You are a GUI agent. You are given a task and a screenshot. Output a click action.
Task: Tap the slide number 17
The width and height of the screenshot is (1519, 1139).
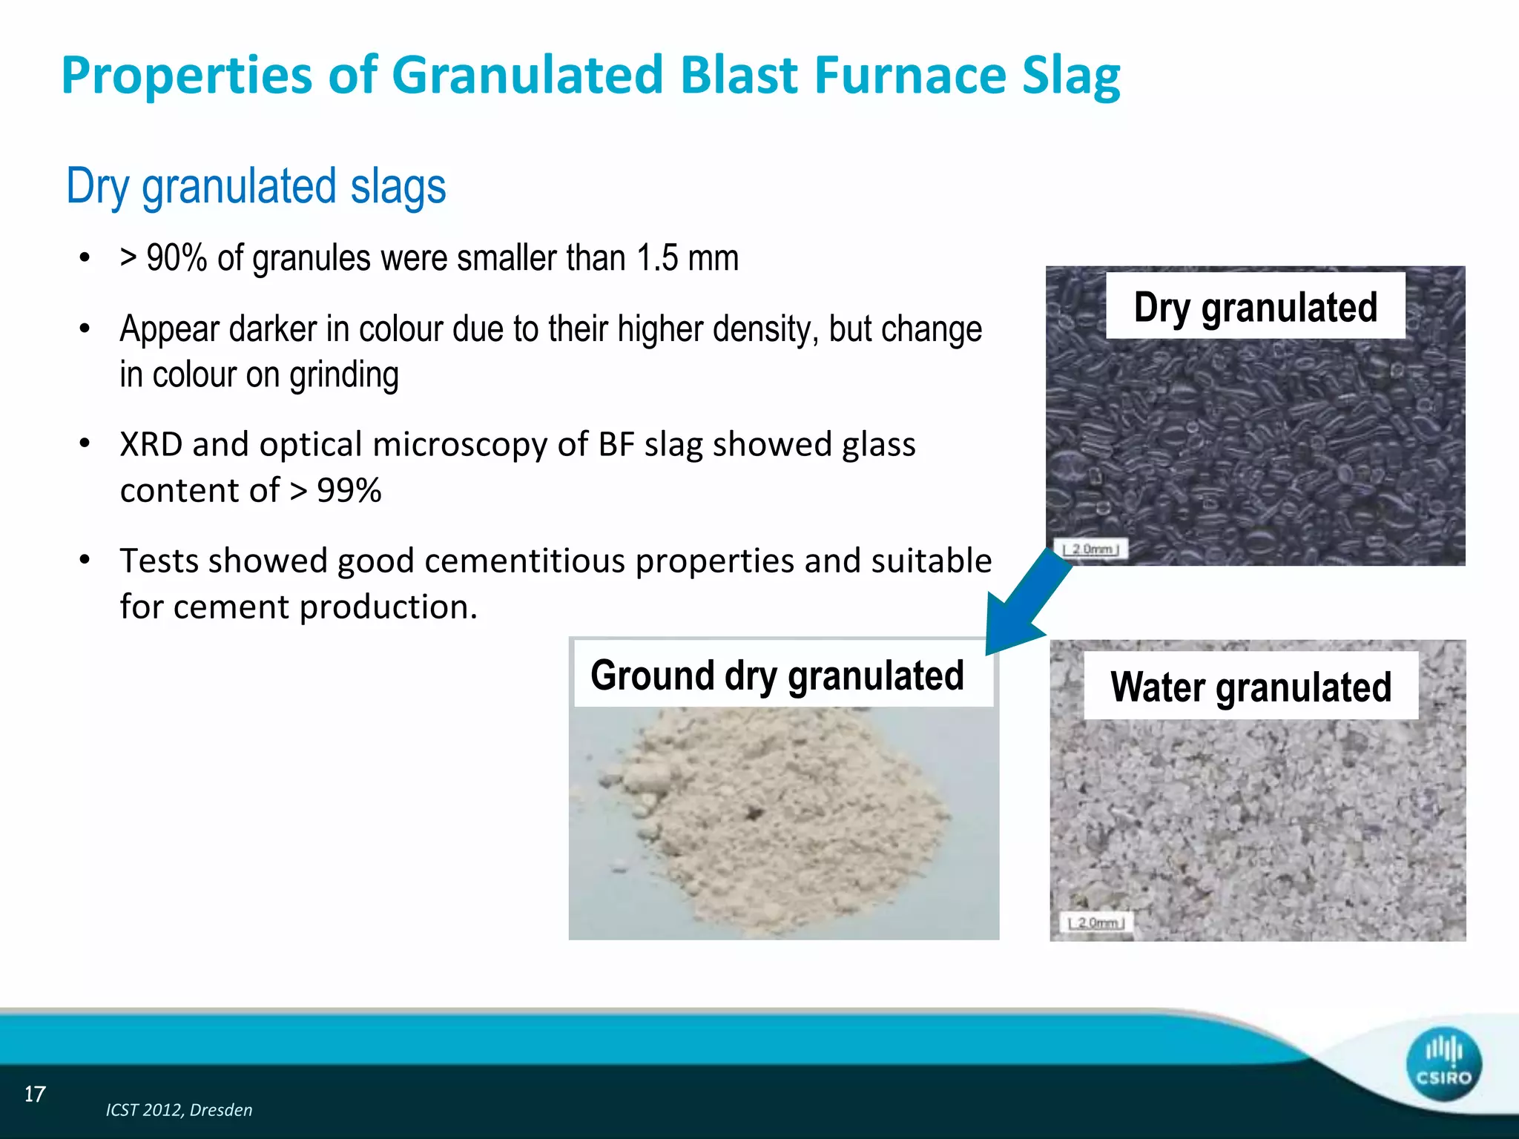point(35,1094)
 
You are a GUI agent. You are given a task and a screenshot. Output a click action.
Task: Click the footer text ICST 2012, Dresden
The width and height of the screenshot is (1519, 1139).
point(179,1110)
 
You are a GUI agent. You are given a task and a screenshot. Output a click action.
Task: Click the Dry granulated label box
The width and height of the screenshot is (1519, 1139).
point(1255,306)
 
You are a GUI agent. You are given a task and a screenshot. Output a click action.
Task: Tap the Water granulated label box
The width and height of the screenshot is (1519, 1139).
point(1251,686)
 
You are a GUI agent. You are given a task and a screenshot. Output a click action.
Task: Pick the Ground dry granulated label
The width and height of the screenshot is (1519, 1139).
point(777,675)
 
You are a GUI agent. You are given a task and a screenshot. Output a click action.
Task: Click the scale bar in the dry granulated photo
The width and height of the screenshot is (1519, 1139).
point(1091,549)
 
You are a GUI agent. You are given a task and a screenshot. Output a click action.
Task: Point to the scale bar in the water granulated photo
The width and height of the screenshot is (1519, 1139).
point(1096,923)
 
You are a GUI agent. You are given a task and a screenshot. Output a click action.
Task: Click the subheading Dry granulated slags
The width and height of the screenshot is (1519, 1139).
point(256,186)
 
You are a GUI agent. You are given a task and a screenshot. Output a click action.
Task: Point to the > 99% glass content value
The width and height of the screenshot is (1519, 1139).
point(335,490)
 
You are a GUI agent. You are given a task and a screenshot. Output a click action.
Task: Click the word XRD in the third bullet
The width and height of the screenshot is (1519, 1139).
point(151,444)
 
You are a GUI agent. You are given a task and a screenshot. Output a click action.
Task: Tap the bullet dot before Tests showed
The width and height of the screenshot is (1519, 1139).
point(85,560)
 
